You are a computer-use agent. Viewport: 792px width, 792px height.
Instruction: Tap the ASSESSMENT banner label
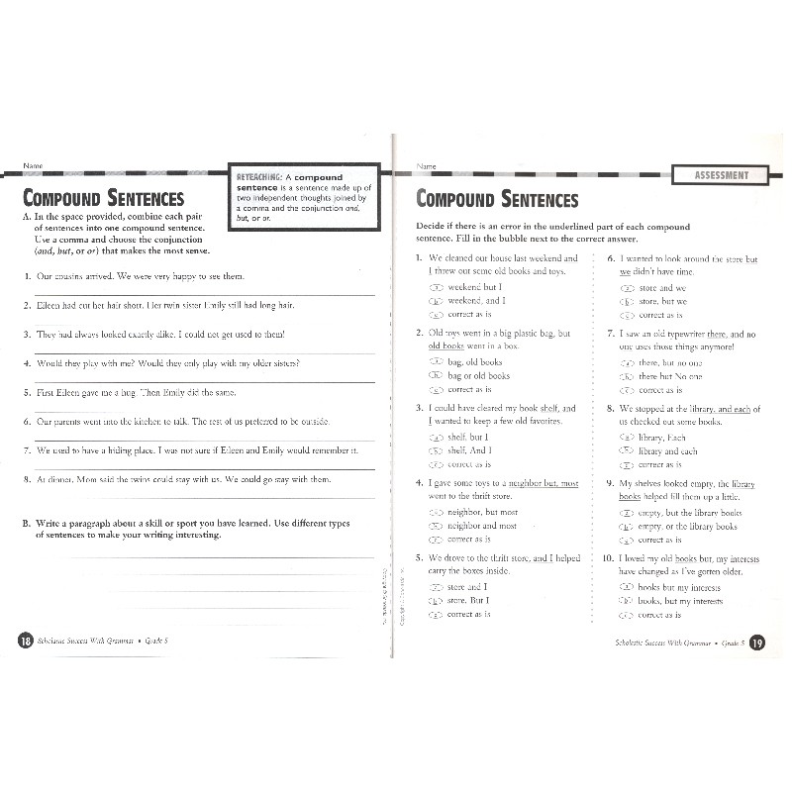722,176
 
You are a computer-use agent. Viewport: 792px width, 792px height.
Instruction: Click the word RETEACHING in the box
260,177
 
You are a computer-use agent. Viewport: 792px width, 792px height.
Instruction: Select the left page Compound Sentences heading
103,198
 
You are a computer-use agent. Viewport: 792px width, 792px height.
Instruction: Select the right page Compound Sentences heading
497,198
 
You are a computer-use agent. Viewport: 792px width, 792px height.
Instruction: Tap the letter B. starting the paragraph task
26,522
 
